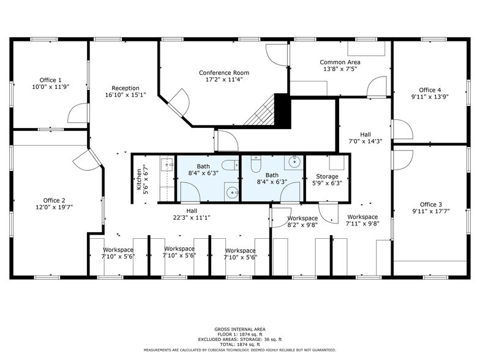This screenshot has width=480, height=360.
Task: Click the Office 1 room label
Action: pyautogui.click(x=51, y=80)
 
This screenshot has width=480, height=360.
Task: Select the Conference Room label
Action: pyautogui.click(x=224, y=73)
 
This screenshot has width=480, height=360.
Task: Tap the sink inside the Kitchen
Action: pyautogui.click(x=167, y=164)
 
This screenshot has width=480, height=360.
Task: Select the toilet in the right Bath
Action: pyautogui.click(x=257, y=164)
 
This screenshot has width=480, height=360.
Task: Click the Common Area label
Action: pyautogui.click(x=340, y=62)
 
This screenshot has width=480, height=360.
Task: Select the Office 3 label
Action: pyautogui.click(x=431, y=204)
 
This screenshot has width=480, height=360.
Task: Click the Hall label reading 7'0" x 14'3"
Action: pyautogui.click(x=365, y=134)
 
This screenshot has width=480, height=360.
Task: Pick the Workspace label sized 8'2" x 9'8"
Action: pyautogui.click(x=302, y=218)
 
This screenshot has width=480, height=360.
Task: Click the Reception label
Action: pyautogui.click(x=126, y=88)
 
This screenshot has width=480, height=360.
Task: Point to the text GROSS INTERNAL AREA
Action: pyautogui.click(x=239, y=329)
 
